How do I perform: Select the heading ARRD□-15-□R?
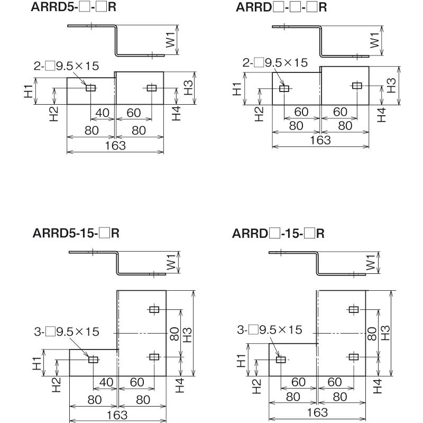[278, 233]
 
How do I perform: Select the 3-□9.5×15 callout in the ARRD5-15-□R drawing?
[72, 332]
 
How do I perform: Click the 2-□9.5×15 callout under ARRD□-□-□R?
[275, 63]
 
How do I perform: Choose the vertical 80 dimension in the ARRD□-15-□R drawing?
[372, 333]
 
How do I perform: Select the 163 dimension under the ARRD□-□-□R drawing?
[320, 140]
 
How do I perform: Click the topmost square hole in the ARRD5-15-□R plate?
[154, 310]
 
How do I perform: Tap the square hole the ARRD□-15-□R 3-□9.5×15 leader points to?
[281, 360]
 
